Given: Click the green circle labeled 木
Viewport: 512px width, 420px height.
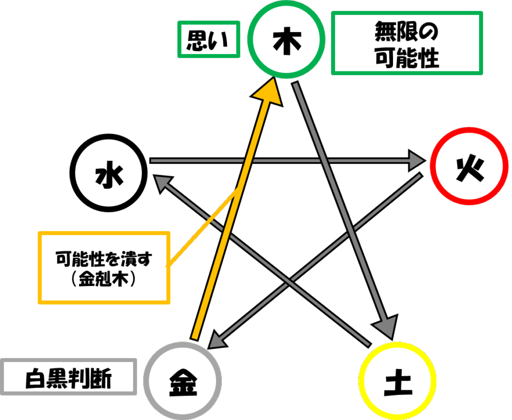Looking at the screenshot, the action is pyautogui.click(x=286, y=5).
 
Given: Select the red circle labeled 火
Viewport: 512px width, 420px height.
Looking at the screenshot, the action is pyautogui.click(x=469, y=129).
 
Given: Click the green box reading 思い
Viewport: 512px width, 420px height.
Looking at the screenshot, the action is pyautogui.click(x=208, y=23).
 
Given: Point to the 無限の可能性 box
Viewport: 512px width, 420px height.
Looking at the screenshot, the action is pyautogui.click(x=407, y=13).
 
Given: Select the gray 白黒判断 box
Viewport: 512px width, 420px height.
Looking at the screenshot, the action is pyautogui.click(x=68, y=360).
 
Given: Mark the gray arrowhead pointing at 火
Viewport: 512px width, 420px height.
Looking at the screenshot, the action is pyautogui.click(x=416, y=160).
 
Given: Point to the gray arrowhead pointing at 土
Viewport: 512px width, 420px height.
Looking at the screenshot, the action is pyautogui.click(x=386, y=326).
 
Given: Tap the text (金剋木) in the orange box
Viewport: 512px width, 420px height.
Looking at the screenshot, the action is pyautogui.click(x=103, y=279).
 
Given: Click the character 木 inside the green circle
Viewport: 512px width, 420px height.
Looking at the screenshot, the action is pyautogui.click(x=286, y=41).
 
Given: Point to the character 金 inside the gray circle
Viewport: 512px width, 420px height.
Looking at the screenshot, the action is pyautogui.click(x=183, y=382).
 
